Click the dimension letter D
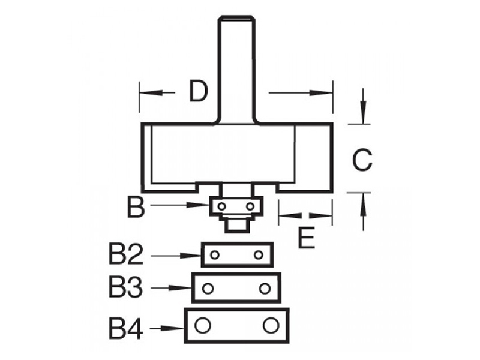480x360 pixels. (x=199, y=91)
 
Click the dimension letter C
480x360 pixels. (x=362, y=160)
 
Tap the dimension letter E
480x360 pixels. (x=307, y=238)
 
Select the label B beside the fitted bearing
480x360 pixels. (x=136, y=207)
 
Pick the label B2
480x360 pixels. (x=126, y=254)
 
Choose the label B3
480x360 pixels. (x=126, y=287)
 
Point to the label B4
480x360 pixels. (x=126, y=329)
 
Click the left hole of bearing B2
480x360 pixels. (x=215, y=254)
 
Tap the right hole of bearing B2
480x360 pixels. (x=259, y=254)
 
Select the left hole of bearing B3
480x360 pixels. (x=208, y=289)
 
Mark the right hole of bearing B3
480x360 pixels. (x=265, y=289)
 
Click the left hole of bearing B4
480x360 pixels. (x=202, y=325)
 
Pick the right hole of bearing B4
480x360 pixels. (x=271, y=325)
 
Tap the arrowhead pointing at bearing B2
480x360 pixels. (x=190, y=256)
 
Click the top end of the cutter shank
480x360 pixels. (x=236, y=17)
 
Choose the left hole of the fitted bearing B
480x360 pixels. (x=221, y=207)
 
